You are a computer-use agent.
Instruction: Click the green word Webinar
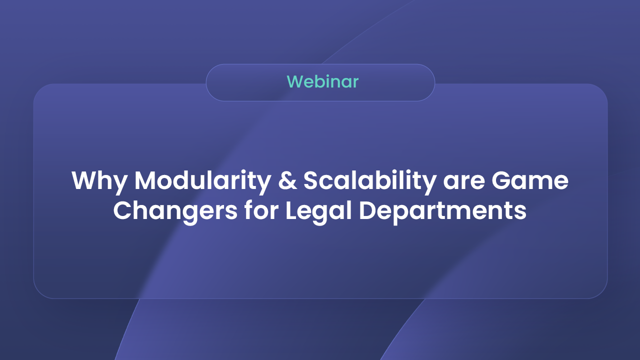click(322, 81)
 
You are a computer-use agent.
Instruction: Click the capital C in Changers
click(122, 210)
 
